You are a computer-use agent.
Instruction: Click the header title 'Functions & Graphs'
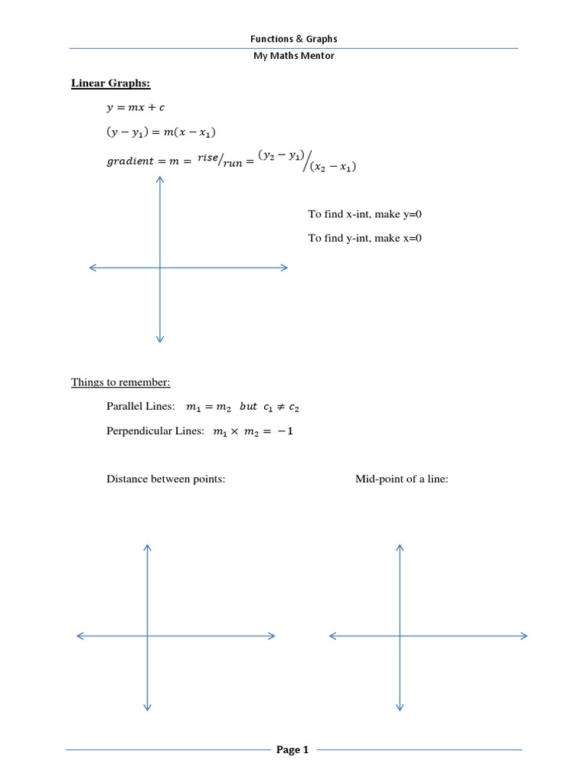294,38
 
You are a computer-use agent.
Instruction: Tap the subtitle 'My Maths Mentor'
294,57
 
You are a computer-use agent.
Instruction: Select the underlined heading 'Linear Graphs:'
106,83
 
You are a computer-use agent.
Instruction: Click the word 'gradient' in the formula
130,162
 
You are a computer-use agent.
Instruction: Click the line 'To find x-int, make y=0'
365,215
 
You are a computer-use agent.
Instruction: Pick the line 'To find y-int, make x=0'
365,238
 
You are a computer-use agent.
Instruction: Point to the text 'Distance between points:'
166,479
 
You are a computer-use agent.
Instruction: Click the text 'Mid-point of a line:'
402,479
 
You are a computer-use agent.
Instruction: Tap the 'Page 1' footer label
292,750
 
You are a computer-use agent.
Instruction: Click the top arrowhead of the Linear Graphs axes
159,179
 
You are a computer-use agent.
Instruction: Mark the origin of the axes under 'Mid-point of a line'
400,635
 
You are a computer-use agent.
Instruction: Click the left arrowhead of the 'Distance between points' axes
80,635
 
